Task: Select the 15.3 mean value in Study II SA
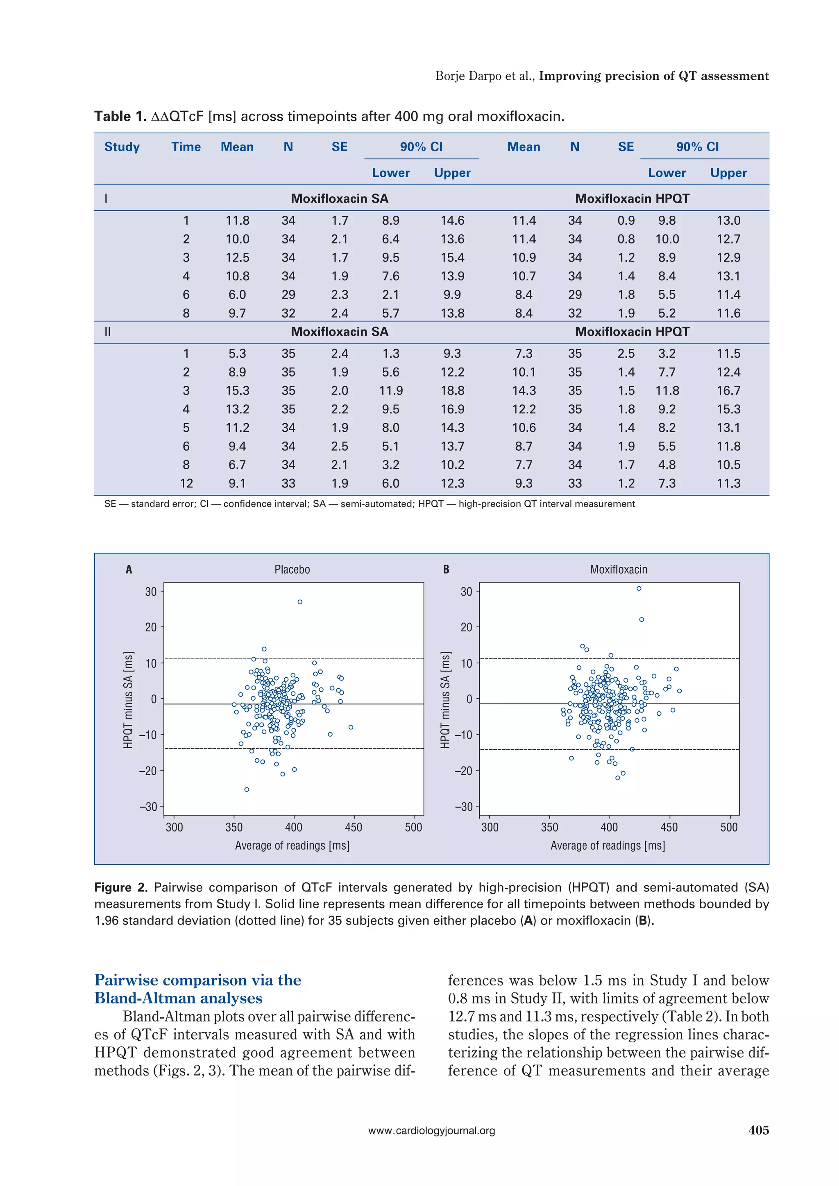(237, 390)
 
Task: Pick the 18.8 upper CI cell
(452, 390)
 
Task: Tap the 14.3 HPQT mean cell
(524, 390)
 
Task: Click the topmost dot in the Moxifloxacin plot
(639, 588)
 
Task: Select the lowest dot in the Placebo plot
(247, 789)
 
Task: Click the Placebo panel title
(292, 569)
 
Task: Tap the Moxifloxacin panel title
(618, 569)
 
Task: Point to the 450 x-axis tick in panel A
(354, 827)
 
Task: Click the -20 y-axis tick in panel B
(464, 771)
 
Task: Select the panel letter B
(446, 569)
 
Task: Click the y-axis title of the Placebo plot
(128, 699)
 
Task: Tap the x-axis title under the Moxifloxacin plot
(608, 846)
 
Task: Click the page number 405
(758, 1130)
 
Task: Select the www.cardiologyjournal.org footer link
(432, 1131)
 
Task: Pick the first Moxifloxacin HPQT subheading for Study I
(632, 198)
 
